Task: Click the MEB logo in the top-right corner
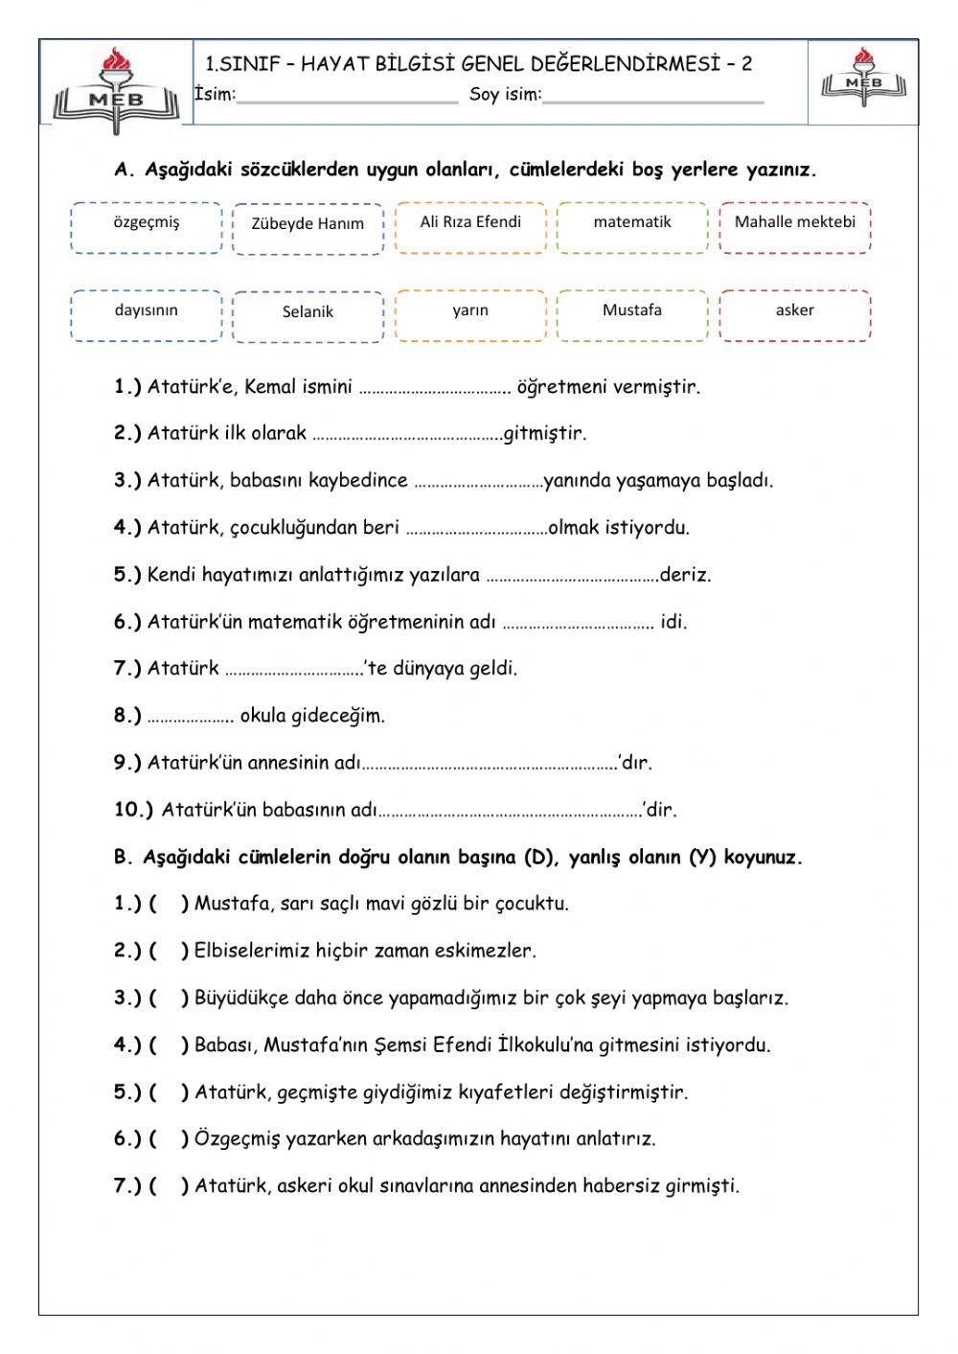864,78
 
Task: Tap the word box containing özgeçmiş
146,227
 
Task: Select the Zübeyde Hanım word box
308,229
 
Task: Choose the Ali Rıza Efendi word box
470,227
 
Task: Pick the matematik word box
632,227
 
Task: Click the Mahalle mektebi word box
795,227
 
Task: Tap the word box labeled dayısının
146,315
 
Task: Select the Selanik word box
308,317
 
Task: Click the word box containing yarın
470,315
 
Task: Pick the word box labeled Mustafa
632,315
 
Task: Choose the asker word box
795,315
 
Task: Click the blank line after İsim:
347,96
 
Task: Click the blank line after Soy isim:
653,96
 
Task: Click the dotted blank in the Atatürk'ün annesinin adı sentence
490,766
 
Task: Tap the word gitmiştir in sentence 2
544,434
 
